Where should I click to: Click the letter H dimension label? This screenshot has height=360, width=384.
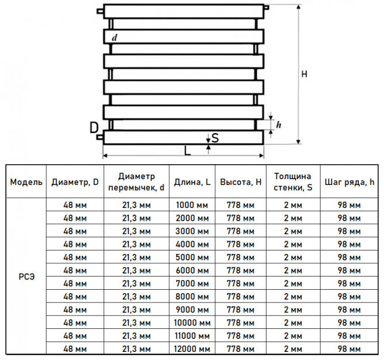point(304,74)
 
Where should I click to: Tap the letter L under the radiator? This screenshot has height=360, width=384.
point(187,151)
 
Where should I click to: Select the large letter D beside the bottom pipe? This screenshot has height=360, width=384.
point(94,128)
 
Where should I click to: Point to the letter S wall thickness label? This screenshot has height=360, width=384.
point(215,138)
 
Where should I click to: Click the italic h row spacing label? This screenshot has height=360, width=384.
point(279,125)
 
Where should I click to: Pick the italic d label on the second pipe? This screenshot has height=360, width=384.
point(115,38)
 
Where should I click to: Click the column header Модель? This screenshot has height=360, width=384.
point(26,182)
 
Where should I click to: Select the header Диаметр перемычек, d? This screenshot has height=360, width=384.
point(136,182)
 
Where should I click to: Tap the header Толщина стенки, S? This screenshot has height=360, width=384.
point(293,182)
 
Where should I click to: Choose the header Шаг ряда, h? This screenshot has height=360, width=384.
point(349,182)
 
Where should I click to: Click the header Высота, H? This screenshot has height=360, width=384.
point(241,182)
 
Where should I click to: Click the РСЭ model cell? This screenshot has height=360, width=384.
point(26,276)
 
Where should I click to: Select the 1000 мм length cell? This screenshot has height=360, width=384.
point(192,205)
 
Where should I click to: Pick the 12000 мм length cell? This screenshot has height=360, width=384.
point(192,348)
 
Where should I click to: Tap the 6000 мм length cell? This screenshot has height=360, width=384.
point(192,270)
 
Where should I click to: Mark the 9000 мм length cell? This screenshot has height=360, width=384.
point(192,309)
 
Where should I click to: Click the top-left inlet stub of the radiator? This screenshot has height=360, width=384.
point(100,12)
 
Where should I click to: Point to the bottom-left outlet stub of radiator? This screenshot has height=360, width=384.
point(100,137)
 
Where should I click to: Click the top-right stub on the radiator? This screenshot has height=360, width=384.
point(267,7)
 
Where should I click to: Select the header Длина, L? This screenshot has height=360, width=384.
point(192,182)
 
